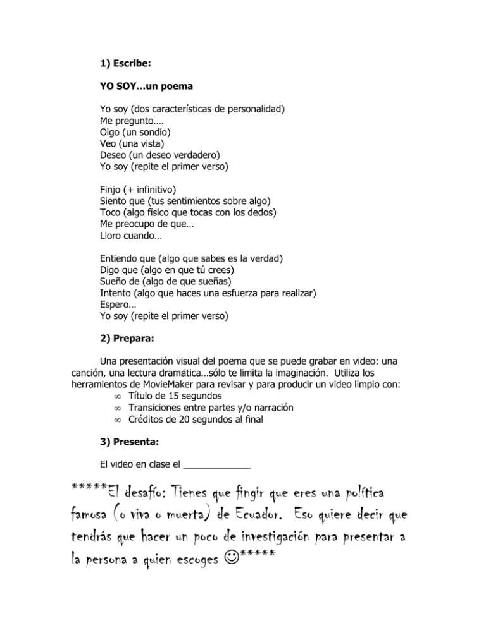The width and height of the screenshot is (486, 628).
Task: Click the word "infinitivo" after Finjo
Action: [x=153, y=189]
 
